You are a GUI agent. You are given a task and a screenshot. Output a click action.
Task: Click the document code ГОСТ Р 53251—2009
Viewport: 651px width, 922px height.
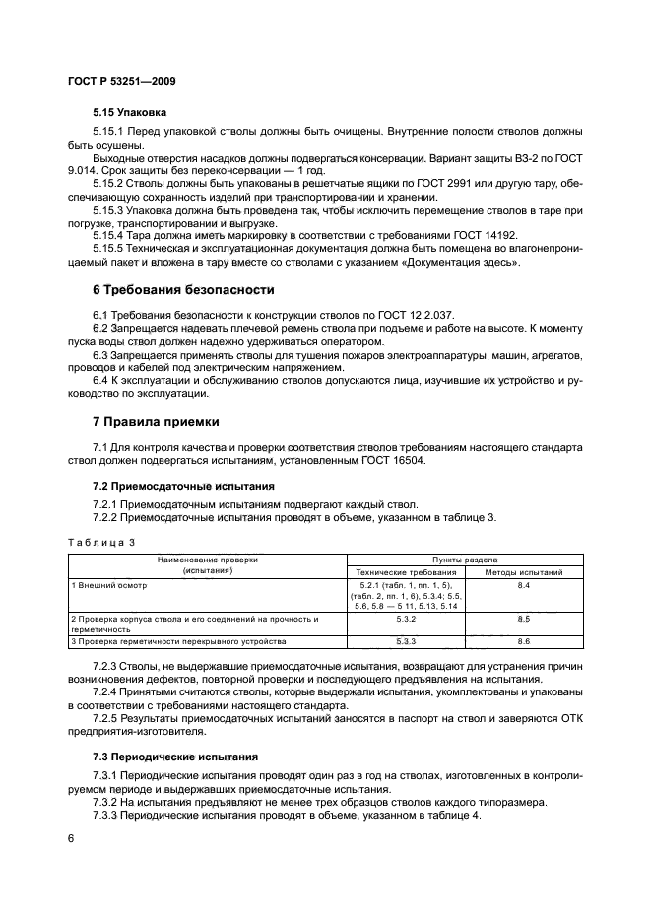(x=121, y=79)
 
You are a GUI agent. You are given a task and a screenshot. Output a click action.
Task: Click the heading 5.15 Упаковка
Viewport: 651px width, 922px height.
(x=129, y=113)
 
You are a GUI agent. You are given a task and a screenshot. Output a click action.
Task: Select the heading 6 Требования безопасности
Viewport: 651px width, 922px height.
(x=182, y=289)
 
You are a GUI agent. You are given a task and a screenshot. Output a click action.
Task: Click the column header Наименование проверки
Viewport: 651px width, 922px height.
(x=205, y=560)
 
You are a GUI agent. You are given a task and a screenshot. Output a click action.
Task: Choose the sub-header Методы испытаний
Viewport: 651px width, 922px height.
(x=523, y=571)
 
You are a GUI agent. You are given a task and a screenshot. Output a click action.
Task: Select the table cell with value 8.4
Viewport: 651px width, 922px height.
(x=523, y=585)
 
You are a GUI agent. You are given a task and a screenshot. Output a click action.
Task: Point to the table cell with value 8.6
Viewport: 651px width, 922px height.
(x=523, y=641)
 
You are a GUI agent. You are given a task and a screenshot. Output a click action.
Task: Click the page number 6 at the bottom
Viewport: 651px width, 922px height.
(x=71, y=837)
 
